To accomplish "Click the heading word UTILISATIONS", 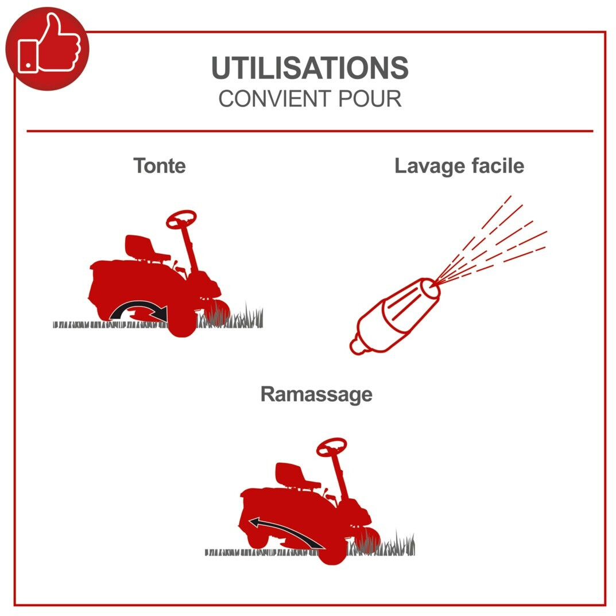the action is tap(309, 68).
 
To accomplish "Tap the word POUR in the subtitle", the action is tap(369, 99).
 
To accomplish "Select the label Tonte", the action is tap(160, 166).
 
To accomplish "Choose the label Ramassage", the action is tap(316, 394).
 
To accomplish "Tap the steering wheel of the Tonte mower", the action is tap(181, 219).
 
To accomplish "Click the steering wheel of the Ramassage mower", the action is tap(332, 446).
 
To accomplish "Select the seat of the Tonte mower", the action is tap(143, 247).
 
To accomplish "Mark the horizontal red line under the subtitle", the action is tap(309, 131).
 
